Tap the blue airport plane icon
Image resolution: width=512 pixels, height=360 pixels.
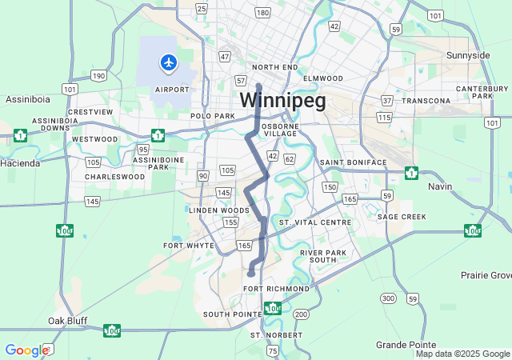click(x=168, y=62)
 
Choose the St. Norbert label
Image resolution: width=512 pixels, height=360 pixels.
click(x=277, y=334)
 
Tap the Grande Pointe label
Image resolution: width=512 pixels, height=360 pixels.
click(x=404, y=344)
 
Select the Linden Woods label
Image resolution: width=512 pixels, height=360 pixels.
click(x=214, y=210)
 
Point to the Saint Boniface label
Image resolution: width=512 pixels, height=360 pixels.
click(x=353, y=162)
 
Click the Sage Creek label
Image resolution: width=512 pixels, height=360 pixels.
click(x=402, y=217)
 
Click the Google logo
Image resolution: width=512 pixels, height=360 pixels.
click(x=27, y=350)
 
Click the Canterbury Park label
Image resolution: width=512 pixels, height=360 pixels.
click(x=483, y=92)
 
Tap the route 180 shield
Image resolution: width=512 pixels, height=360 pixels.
click(x=262, y=13)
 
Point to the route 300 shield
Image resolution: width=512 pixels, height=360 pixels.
click(x=388, y=298)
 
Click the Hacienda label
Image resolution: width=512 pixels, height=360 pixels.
click(x=21, y=163)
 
